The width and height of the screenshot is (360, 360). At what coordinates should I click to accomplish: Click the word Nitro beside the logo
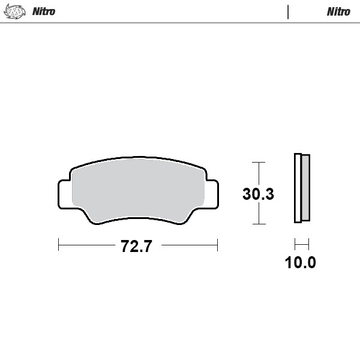pos(43,11)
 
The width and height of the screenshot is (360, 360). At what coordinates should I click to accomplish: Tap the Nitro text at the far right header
pos(338,11)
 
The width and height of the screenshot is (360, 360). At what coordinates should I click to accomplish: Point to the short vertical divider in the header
pos(288,11)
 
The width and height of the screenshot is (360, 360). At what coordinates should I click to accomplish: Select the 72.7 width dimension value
pos(137,246)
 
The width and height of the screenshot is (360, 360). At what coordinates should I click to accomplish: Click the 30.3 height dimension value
pos(258,194)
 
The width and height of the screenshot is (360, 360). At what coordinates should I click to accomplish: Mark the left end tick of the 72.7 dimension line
pos(59,245)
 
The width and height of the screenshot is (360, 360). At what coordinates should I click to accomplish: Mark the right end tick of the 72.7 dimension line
pos(217,245)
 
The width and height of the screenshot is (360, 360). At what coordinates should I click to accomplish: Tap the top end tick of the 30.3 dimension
pos(258,162)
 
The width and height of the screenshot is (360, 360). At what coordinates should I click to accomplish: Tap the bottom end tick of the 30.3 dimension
pos(258,224)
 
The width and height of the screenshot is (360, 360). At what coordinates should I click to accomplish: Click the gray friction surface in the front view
pos(138,189)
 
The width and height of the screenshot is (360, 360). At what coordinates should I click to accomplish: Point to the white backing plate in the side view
pos(297,188)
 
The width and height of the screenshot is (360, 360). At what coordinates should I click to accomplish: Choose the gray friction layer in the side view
pos(305,187)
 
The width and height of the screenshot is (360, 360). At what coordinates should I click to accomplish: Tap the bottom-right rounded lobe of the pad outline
pos(182,219)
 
